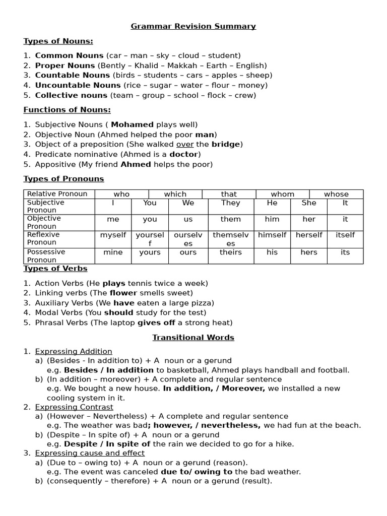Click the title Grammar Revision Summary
tap(193, 26)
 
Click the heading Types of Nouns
tap(58, 41)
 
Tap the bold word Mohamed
tap(132, 124)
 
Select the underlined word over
tap(184, 144)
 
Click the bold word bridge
tap(226, 144)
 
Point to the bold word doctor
tap(183, 154)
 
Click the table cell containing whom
tap(283, 194)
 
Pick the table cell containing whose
tap(336, 194)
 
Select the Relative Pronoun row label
tap(57, 194)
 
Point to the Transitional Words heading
tap(193, 338)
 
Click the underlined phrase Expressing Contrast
tap(74, 407)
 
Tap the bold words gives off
tap(156, 322)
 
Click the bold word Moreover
tap(243, 389)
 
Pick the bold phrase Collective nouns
tap(71, 95)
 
